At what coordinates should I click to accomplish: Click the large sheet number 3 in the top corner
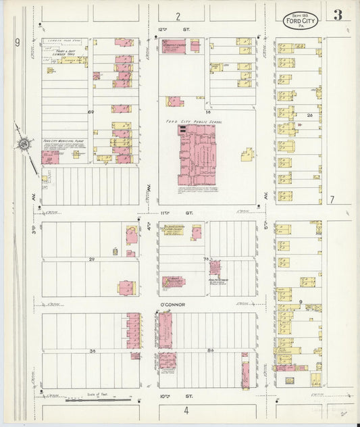(x=337, y=15)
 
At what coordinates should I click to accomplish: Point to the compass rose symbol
(x=25, y=143)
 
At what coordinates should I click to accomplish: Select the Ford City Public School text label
(x=194, y=122)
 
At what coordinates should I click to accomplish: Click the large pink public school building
(x=196, y=155)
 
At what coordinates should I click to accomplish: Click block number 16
(x=209, y=111)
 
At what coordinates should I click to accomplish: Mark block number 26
(x=309, y=115)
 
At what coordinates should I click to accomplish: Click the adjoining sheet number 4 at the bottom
(x=184, y=410)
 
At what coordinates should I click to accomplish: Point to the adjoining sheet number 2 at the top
(x=178, y=15)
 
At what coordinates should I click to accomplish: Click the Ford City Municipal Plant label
(x=63, y=142)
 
